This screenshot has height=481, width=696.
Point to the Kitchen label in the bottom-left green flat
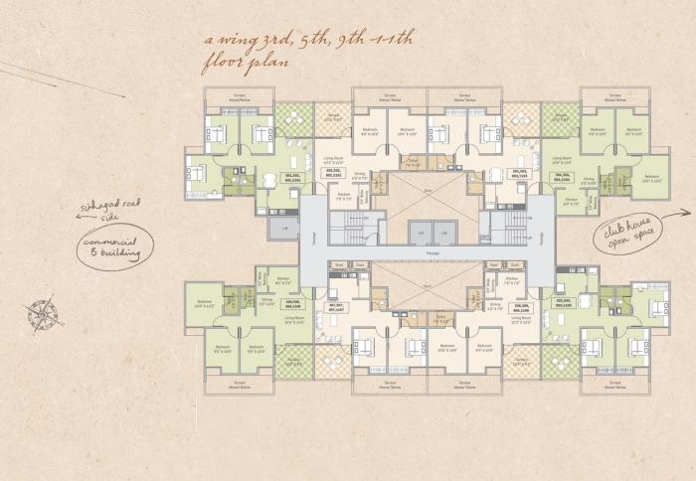(282, 280)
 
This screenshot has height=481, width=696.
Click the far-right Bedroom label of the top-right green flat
(651, 180)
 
